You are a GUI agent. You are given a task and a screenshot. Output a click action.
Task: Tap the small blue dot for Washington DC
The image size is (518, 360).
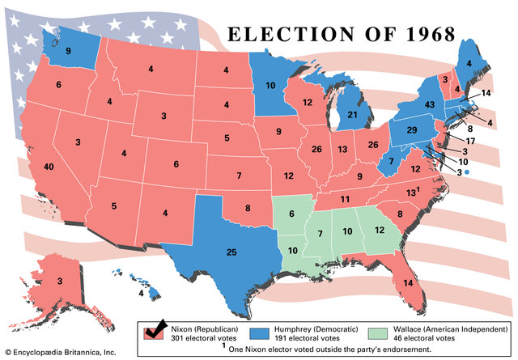click(466, 172)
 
